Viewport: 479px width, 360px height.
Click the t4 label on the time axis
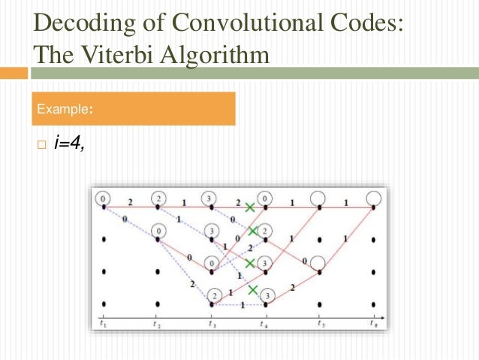point(264,324)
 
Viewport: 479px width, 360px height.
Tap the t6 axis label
point(373,324)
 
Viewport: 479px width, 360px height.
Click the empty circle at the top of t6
point(373,198)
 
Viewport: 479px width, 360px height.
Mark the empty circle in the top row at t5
point(319,198)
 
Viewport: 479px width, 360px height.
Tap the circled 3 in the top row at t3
point(211,198)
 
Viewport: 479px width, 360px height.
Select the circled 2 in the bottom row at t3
point(212,295)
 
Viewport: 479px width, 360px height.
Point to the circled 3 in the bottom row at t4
point(268,295)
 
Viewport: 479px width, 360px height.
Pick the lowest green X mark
point(254,289)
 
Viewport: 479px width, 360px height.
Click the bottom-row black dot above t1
point(103,304)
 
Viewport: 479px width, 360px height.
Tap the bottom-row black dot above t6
point(373,304)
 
